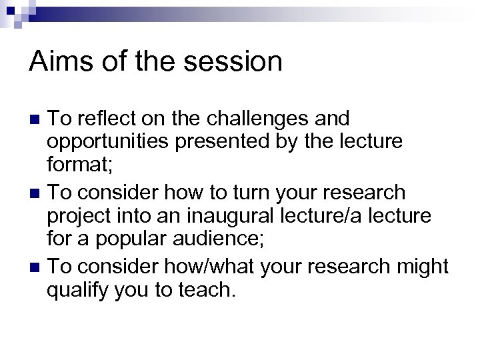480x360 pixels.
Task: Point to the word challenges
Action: (x=259, y=119)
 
